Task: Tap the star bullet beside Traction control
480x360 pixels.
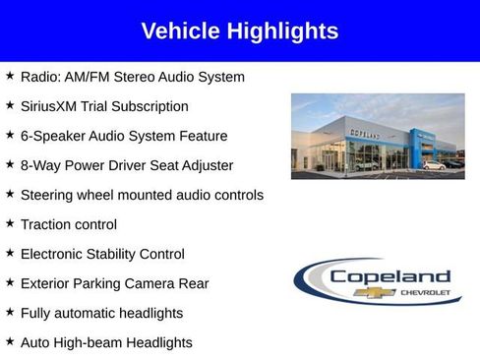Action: [x=9, y=224]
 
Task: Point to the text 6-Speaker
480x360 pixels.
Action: [x=52, y=136]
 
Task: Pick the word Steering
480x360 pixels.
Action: [x=49, y=195]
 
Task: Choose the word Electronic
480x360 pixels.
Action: [x=54, y=254]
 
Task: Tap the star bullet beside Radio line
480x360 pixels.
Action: [x=9, y=76]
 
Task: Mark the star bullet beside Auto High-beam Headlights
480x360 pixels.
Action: [x=9, y=341]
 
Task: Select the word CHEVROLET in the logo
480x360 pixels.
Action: [x=424, y=292]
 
